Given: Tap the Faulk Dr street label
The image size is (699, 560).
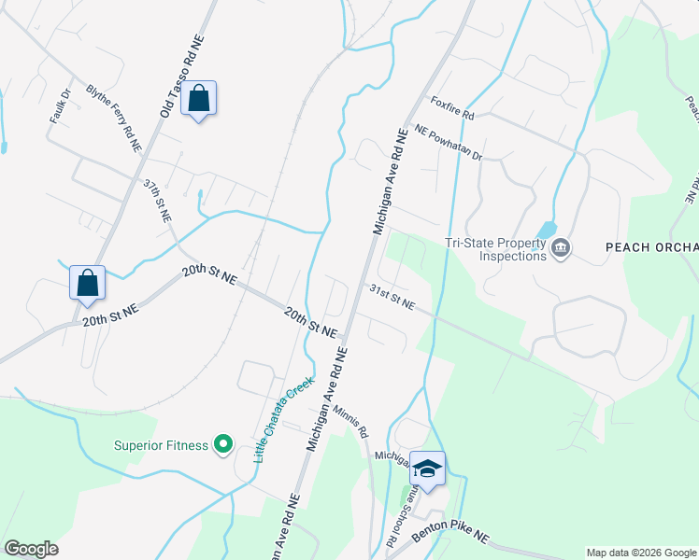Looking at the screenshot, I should (60, 107).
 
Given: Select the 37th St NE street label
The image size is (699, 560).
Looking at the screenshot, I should (157, 201).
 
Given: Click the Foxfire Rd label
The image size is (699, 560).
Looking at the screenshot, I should (452, 108).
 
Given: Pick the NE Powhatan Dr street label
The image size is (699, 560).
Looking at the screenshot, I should (448, 143).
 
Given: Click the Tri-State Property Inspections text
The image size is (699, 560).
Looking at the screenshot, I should (495, 249).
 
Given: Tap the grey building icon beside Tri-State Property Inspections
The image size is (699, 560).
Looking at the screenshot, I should (561, 248).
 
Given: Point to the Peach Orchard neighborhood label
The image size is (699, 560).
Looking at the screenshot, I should (651, 247).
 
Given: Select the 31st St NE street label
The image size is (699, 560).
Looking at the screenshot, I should (391, 296).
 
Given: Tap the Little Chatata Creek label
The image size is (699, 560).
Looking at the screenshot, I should (285, 419).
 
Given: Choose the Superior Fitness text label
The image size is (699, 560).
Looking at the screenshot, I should (161, 445).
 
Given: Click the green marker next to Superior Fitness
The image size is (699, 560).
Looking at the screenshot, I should (222, 445).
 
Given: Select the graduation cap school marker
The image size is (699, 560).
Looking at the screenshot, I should (427, 469).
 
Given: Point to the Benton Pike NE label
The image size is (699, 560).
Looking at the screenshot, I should (454, 532).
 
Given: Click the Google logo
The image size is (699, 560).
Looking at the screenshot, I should (31, 549).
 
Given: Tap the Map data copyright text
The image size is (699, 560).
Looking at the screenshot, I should (641, 553).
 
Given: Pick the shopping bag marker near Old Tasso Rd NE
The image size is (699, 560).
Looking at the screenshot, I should (199, 99).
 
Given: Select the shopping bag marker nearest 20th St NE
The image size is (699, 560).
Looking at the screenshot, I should (87, 284).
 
